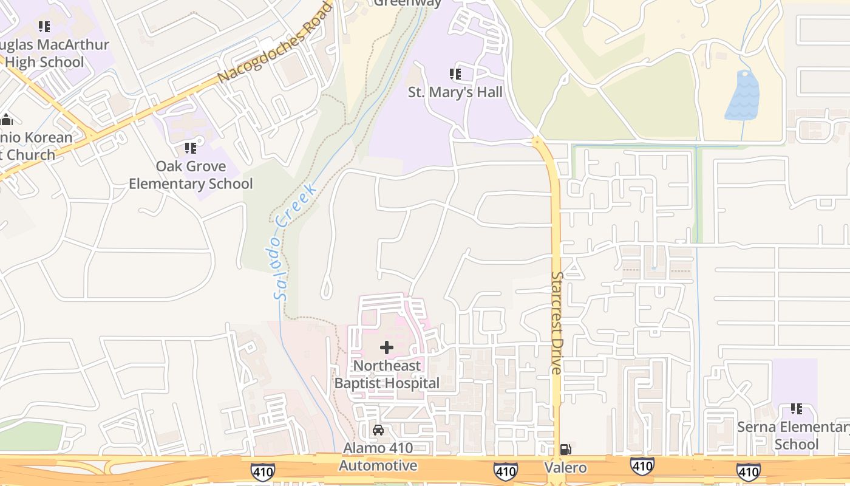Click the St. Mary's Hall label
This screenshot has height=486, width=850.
(455, 92)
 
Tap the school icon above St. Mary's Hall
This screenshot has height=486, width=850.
(455, 74)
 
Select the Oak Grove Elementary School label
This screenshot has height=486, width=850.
(191, 175)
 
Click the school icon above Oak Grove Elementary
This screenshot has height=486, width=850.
(191, 148)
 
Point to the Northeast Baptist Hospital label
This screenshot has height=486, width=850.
(387, 374)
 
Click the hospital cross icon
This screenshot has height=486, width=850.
(387, 347)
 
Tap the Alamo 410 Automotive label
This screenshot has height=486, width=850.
(378, 457)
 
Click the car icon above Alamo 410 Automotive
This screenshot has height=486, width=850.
(378, 430)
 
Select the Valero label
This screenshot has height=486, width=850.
(565, 467)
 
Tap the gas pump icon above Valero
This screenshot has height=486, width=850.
(565, 450)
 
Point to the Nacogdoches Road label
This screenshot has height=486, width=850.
(276, 41)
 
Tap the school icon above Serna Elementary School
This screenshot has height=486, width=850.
(796, 409)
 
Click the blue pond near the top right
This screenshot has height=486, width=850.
(743, 96)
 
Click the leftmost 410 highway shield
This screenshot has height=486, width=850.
(262, 470)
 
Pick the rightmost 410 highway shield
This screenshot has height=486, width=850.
(748, 470)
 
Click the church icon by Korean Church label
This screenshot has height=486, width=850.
(7, 120)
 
